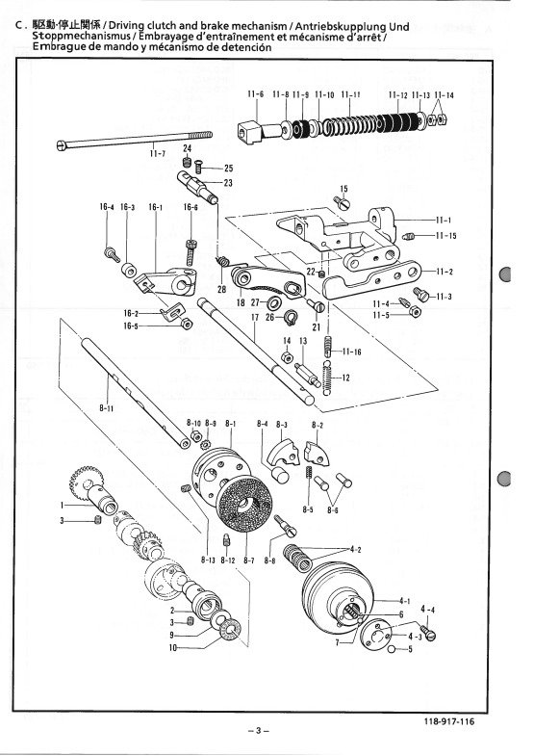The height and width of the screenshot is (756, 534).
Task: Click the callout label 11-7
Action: coord(158,153)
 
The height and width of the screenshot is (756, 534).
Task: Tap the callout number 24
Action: coord(188,148)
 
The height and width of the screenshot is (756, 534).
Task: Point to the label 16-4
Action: coord(107,207)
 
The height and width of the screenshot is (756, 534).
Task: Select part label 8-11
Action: coord(107,408)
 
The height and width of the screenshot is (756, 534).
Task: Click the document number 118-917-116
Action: coord(449,721)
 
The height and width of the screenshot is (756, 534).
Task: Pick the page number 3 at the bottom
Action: coord(259,730)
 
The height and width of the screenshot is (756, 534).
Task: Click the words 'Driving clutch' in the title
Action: coord(141,26)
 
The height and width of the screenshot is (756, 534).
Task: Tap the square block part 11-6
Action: coord(250,132)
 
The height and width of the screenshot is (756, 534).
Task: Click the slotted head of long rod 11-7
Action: coord(61,144)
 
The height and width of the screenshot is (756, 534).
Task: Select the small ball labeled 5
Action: coord(393,649)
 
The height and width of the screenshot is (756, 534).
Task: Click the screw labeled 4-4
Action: coord(426,633)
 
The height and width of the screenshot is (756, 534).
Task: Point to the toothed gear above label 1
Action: coord(87,479)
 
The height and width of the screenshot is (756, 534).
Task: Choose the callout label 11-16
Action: coord(352,352)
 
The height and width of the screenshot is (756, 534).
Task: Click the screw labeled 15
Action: coord(342,202)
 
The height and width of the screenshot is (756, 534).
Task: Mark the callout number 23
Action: coord(228,183)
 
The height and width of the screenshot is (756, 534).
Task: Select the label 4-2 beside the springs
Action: coord(355,549)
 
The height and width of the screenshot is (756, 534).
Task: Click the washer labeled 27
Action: coord(275,303)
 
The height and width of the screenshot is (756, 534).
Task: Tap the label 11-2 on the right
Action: coord(445,272)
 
